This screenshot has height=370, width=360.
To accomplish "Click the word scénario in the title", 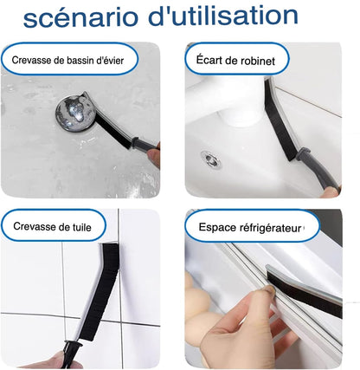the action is (x=80, y=17).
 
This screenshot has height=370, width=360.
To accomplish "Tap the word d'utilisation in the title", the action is (x=223, y=16).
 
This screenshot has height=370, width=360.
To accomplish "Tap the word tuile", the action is (x=81, y=227).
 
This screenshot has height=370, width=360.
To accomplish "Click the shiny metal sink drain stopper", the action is (x=75, y=114).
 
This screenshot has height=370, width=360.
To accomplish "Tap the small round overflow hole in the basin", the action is (x=211, y=159).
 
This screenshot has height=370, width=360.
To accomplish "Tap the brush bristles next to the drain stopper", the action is (x=113, y=132).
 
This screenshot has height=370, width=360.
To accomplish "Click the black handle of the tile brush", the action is (x=69, y=354).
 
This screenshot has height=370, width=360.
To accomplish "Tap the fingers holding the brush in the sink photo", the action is (x=154, y=158).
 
